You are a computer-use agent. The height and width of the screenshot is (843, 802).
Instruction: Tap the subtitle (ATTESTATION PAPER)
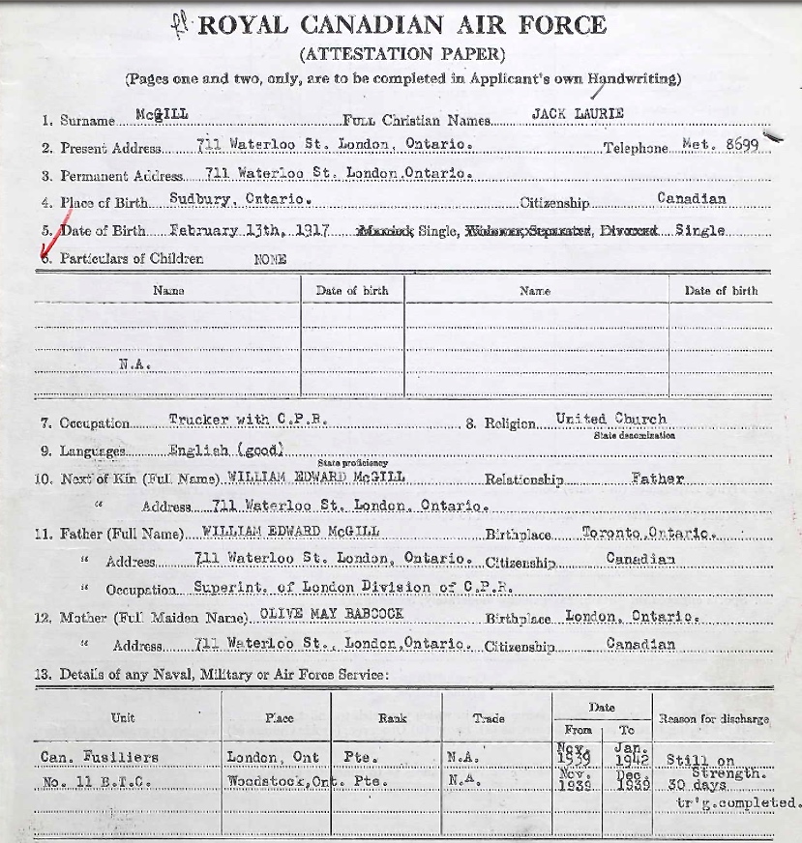pyautogui.click(x=402, y=54)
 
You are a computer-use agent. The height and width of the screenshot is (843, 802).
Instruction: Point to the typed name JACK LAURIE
pyautogui.click(x=578, y=114)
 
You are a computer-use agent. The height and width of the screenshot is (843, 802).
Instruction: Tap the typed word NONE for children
pyautogui.click(x=270, y=259)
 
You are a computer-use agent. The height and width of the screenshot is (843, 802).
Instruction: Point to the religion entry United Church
pyautogui.click(x=610, y=420)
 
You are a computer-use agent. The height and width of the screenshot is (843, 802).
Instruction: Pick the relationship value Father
pyautogui.click(x=657, y=478)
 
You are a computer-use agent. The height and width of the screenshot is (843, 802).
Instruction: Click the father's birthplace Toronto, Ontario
pyautogui.click(x=646, y=533)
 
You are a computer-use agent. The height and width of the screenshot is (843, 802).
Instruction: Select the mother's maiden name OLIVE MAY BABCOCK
pyautogui.click(x=324, y=614)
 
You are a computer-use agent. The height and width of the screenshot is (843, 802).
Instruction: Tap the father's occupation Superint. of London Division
pyautogui.click(x=352, y=587)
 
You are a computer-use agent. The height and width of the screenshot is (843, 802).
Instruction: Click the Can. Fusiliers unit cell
pyautogui.click(x=100, y=757)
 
